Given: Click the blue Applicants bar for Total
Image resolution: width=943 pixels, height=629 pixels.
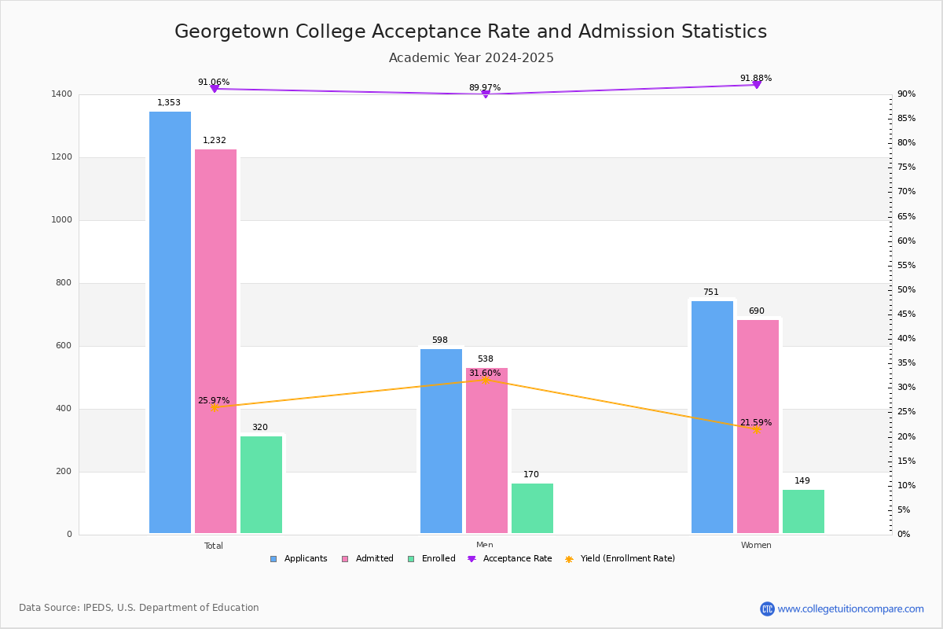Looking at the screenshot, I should click(x=170, y=322).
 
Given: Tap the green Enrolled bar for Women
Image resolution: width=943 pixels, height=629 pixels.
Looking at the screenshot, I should click(x=803, y=512).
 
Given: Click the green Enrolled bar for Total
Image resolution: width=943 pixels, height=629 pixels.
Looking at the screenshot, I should click(x=261, y=485).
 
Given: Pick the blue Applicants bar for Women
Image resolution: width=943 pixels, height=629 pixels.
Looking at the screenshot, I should click(x=712, y=417).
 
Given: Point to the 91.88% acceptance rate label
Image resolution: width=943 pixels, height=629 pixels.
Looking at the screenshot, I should click(x=755, y=78).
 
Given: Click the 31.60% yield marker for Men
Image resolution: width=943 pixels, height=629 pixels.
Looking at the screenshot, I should click(x=485, y=380).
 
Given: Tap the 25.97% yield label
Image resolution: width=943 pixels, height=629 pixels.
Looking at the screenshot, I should click(x=213, y=400).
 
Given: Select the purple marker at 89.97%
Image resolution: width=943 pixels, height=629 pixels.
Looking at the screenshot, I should click(x=485, y=94).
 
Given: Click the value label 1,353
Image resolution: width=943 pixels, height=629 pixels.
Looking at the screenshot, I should click(x=168, y=102).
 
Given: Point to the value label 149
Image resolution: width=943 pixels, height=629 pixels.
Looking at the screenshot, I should click(x=802, y=480).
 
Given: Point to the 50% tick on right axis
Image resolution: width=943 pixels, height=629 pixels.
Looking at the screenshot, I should click(x=906, y=289).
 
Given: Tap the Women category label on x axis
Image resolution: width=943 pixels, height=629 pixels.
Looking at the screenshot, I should click(x=755, y=545).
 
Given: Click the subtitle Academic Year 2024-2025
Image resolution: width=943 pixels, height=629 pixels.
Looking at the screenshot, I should click(x=471, y=57).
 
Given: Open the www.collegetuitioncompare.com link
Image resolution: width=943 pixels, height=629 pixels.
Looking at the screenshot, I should click(x=850, y=609).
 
